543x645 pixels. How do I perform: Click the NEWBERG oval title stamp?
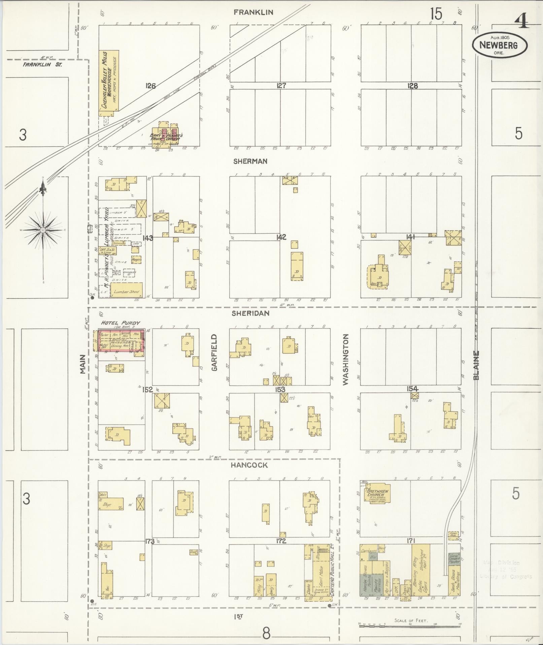tap(499, 45)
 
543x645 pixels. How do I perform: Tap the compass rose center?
tap(43, 230)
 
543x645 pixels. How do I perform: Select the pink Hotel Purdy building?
tap(122, 343)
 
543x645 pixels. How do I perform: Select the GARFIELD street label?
tap(214, 352)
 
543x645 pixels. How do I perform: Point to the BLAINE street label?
tap(476, 365)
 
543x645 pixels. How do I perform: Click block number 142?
tap(281, 237)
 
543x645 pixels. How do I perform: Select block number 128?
tap(412, 86)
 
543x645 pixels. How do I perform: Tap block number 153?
tap(280, 389)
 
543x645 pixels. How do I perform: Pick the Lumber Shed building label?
tap(127, 291)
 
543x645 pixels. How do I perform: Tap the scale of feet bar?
tap(409, 626)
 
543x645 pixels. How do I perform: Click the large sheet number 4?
tap(521, 22)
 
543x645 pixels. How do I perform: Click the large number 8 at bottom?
tap(266, 634)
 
